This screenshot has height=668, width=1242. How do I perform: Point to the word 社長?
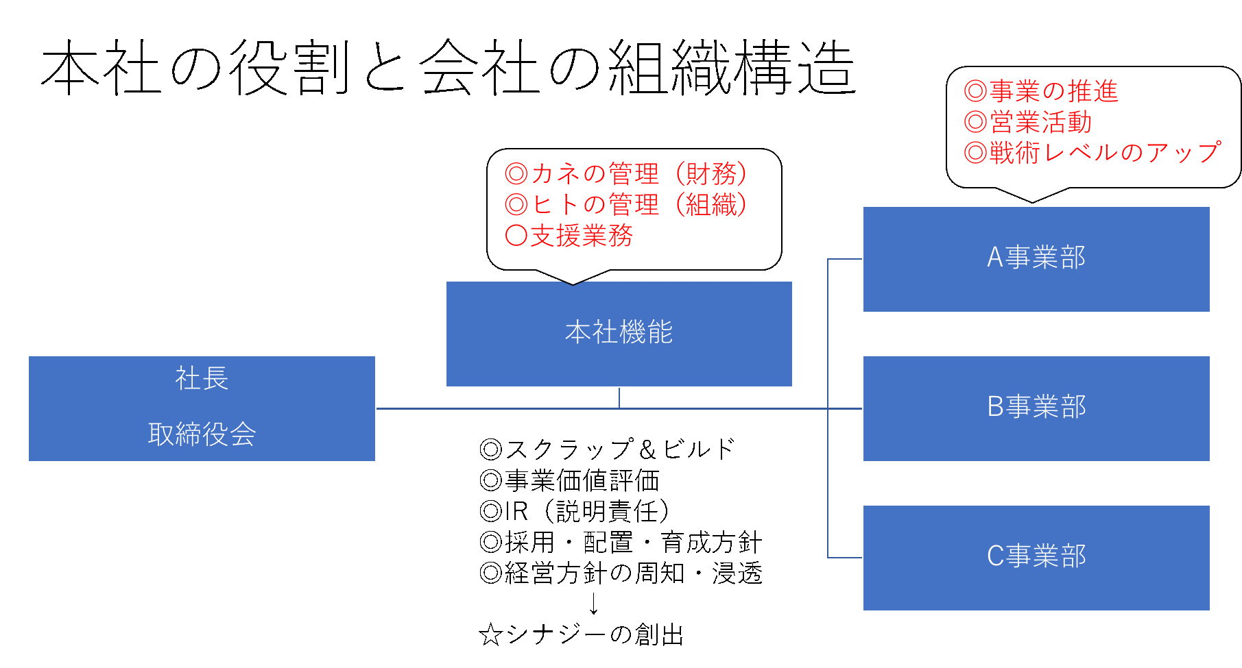coord(202,378)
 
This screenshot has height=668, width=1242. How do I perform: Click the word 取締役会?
coord(202,434)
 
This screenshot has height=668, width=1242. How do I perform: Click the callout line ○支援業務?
coord(569,236)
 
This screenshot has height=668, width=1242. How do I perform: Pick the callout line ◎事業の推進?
coord(1040,91)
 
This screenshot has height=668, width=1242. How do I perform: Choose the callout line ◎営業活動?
coord(1027,122)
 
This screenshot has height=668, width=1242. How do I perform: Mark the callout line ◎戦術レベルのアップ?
coord(1092,152)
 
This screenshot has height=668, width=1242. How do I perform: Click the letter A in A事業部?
coord(994,258)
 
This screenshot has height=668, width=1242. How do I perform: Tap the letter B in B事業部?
coord(995,407)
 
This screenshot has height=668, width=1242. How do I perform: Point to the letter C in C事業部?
coord(995,556)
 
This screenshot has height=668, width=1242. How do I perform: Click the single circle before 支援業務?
coord(516,236)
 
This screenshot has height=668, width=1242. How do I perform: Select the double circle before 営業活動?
coord(975,122)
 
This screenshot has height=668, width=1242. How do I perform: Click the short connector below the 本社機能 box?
coord(619,398)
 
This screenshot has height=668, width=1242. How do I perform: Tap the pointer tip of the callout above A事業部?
coord(1033,200)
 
